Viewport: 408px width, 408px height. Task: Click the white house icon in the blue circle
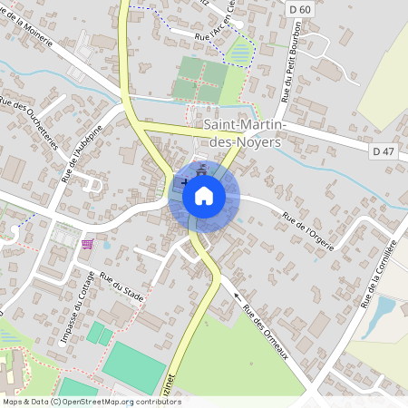[204, 196]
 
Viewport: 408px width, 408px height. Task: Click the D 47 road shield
[384, 152]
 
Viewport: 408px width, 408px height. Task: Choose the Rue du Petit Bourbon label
[289, 68]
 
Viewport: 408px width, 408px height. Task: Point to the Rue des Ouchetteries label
[31, 123]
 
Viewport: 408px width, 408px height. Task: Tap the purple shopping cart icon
[87, 243]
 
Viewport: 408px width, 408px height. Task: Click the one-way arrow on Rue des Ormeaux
[238, 296]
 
